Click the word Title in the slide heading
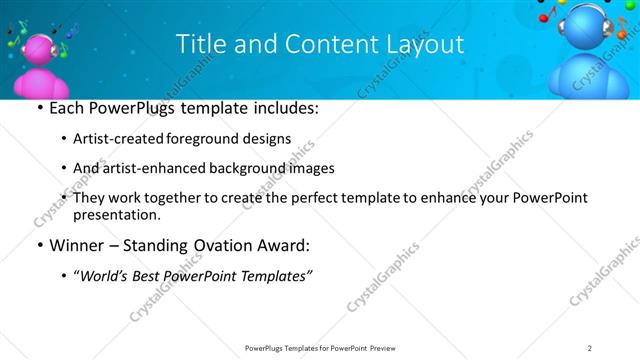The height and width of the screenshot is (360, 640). click(200, 45)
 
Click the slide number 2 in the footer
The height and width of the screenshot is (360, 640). click(590, 348)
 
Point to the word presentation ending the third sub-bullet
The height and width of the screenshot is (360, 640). click(116, 214)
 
